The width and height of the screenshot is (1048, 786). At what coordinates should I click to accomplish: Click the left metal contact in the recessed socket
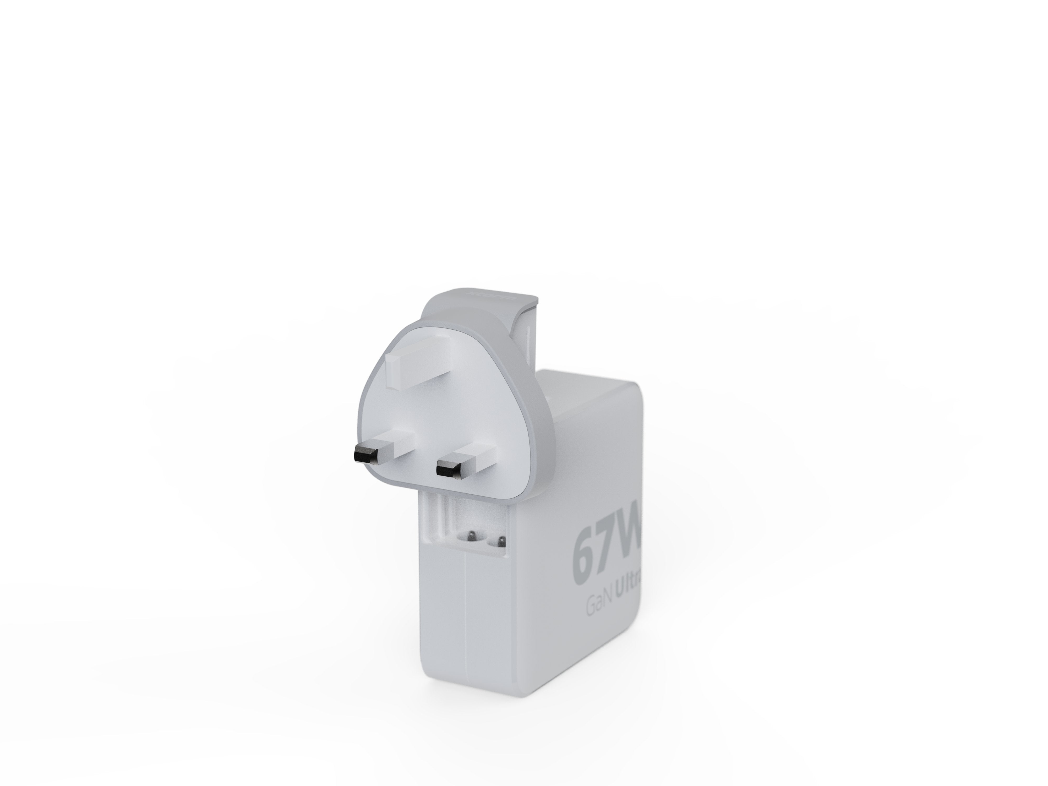(471, 537)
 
